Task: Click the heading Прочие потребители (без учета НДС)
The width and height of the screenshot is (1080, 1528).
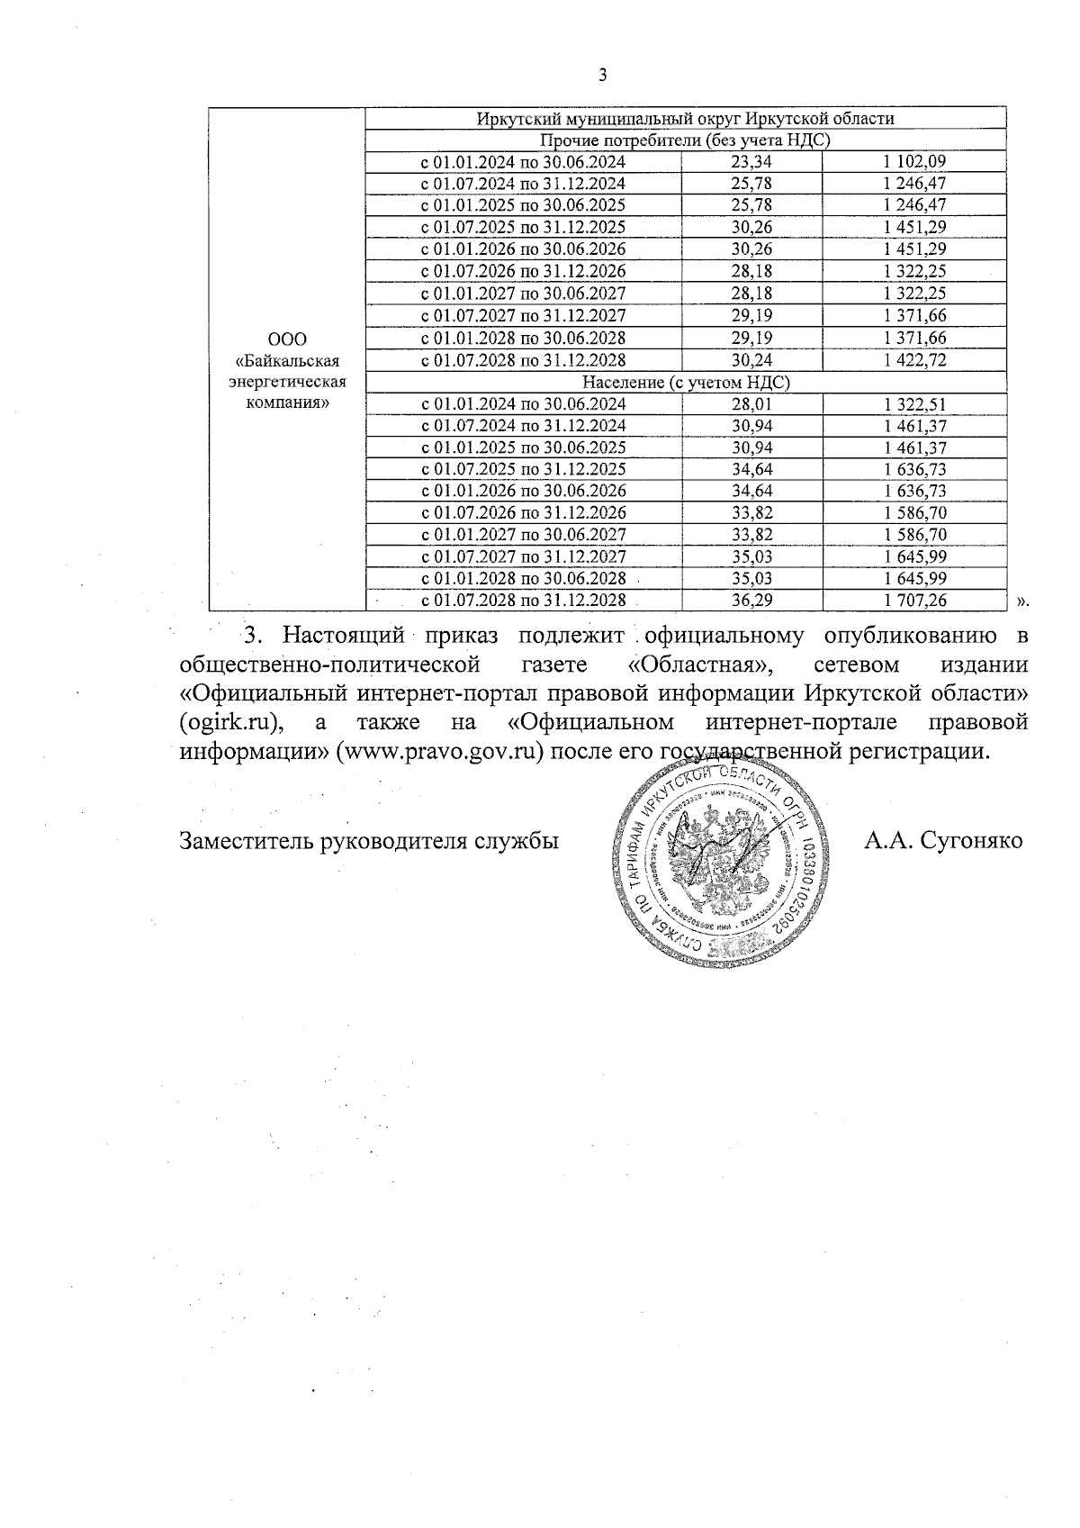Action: point(684,140)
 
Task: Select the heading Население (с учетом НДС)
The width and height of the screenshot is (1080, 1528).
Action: point(686,383)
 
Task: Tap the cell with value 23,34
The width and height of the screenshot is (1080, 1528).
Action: point(753,163)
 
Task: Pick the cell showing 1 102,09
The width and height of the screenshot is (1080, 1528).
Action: point(914,163)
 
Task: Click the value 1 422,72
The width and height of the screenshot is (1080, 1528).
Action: point(914,360)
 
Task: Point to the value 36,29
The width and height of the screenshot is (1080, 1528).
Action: point(753,600)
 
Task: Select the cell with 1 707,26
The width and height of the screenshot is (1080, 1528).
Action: point(914,600)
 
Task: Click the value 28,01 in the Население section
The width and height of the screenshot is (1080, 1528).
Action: point(753,404)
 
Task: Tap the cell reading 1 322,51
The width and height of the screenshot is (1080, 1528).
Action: point(914,404)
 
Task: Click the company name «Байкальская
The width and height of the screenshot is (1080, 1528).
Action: point(286,361)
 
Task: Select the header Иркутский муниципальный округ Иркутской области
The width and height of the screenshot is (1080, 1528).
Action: point(684,119)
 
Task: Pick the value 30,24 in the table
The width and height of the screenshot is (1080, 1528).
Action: point(753,360)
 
